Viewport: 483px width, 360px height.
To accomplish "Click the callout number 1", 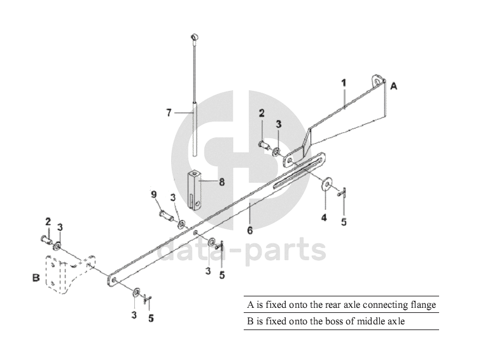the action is click(x=344, y=82).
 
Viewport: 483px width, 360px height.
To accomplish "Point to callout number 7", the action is click(x=169, y=113).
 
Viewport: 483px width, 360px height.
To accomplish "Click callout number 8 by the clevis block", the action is click(x=221, y=181).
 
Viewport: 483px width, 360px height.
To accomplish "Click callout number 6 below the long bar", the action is click(x=250, y=230).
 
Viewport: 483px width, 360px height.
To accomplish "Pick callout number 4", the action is click(x=325, y=218).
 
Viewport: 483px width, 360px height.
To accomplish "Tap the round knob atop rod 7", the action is click(x=194, y=38).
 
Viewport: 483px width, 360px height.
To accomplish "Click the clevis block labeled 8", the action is click(x=195, y=189).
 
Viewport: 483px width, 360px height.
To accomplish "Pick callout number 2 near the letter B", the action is click(x=47, y=221).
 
